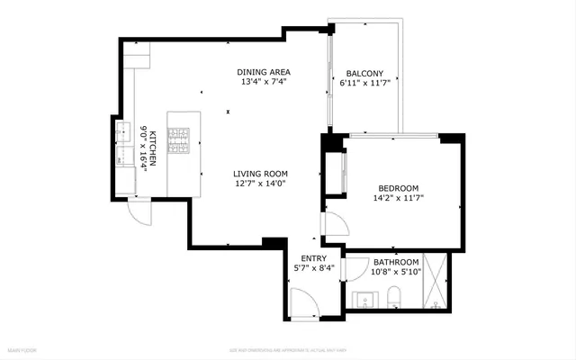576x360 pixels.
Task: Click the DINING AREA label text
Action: tap(264, 73)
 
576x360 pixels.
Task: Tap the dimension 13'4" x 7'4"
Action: tap(264, 83)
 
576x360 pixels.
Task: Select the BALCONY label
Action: tap(365, 74)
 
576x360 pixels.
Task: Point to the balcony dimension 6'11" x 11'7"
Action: tap(365, 84)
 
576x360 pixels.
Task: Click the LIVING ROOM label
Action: tap(260, 175)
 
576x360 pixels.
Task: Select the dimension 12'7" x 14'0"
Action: tap(260, 184)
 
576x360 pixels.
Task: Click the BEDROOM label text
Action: tap(398, 188)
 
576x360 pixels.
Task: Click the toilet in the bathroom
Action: tap(394, 297)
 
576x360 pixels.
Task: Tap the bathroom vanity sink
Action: tap(364, 298)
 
